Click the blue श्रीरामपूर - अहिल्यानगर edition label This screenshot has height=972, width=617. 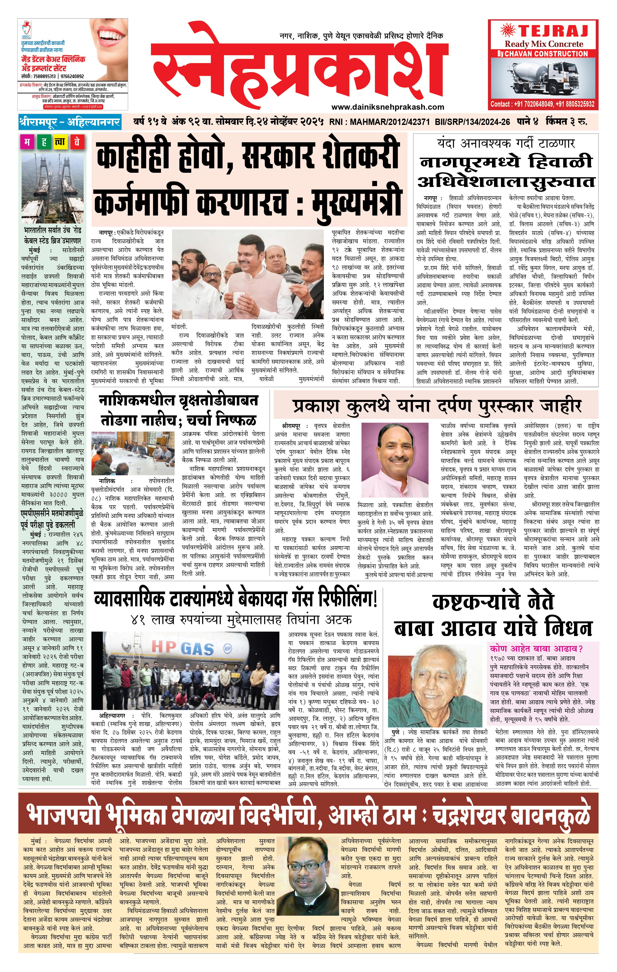[69, 122]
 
